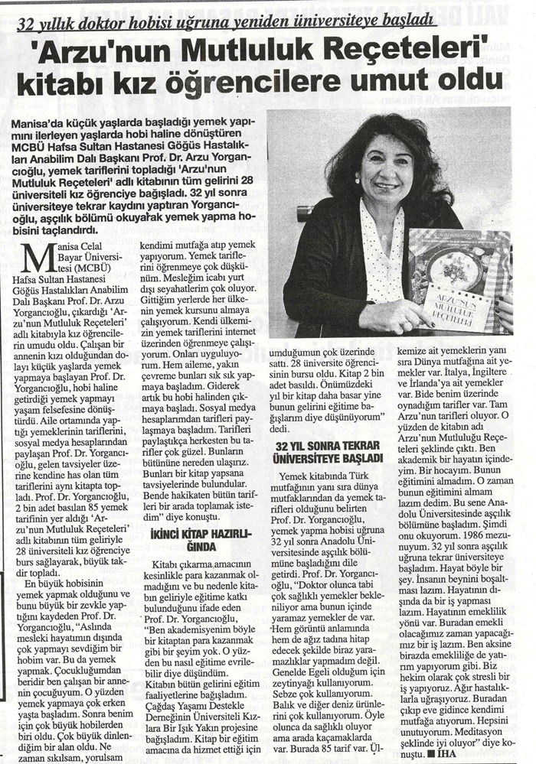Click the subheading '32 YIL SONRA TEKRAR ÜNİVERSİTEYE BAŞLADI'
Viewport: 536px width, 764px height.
pyautogui.click(x=329, y=450)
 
